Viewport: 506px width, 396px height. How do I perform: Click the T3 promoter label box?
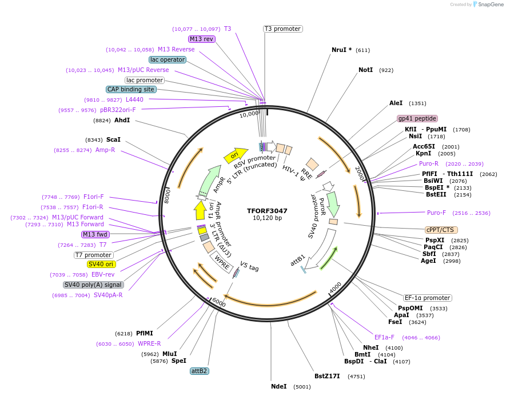(282, 29)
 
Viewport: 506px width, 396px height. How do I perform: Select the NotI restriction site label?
(365, 70)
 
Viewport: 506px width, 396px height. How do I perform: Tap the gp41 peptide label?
(417, 118)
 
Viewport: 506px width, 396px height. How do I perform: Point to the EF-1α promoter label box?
(427, 298)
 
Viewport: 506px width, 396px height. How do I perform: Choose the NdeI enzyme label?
(279, 387)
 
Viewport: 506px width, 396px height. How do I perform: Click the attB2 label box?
(200, 371)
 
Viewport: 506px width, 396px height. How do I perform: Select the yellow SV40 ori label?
(101, 264)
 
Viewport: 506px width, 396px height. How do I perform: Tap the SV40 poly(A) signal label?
(93, 285)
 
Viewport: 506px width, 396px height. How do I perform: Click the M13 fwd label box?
(95, 234)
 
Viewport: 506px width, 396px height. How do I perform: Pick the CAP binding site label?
(131, 89)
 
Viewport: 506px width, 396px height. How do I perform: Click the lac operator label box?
(168, 59)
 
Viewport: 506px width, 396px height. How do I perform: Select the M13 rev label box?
(202, 39)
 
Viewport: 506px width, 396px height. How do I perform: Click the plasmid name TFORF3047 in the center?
(267, 210)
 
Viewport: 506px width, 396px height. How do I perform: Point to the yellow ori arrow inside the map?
(235, 155)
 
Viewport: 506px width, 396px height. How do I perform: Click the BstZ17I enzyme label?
(327, 376)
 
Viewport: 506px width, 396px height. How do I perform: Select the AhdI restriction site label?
(122, 121)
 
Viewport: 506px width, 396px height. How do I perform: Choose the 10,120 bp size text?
(267, 218)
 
